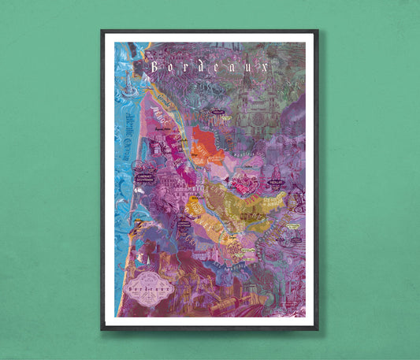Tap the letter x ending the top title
[267, 68]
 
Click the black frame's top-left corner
[102, 32]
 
